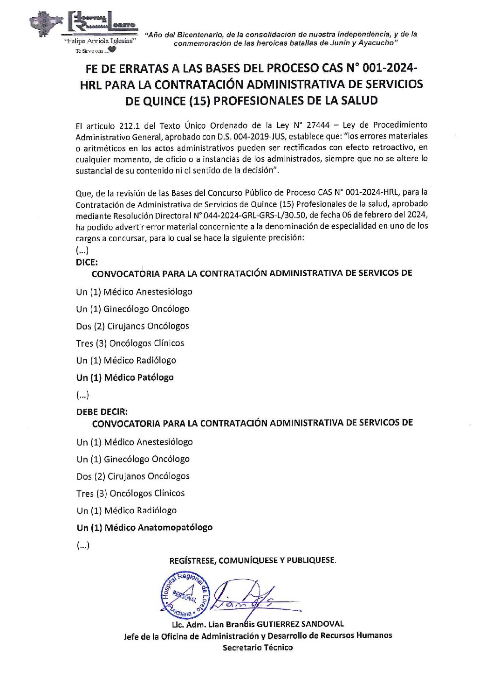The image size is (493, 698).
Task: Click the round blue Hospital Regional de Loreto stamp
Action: click(x=185, y=594)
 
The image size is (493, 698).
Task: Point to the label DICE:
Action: click(x=87, y=262)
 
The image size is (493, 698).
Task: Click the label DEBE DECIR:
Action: click(x=102, y=412)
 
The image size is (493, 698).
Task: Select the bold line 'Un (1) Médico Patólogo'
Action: click(x=125, y=377)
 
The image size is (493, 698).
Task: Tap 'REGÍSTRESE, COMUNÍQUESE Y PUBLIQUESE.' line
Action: click(x=253, y=560)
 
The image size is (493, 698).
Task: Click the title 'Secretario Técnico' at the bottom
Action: click(x=258, y=648)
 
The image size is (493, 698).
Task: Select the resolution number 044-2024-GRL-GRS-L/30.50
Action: click(x=255, y=215)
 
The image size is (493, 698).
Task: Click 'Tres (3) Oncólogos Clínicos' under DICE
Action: click(x=130, y=343)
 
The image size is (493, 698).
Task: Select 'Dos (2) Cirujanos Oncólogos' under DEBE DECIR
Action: click(x=133, y=476)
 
